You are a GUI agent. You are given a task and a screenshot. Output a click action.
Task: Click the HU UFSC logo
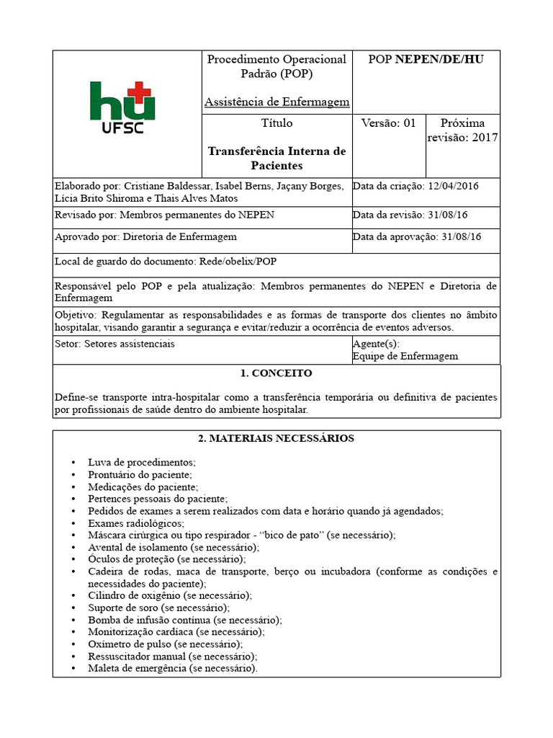click(x=122, y=109)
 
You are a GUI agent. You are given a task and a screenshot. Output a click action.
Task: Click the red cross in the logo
click(x=142, y=92)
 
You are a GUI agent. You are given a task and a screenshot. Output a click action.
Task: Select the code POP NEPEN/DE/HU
click(x=426, y=59)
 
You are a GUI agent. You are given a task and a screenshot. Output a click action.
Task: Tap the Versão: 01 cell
click(x=388, y=123)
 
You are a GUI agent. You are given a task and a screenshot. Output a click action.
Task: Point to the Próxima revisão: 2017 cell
click(x=462, y=130)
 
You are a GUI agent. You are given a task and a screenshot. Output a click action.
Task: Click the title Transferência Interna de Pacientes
click(x=276, y=159)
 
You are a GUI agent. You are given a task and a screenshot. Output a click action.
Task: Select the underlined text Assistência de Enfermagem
click(x=276, y=102)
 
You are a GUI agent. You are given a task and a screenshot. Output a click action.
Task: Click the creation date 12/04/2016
click(x=453, y=186)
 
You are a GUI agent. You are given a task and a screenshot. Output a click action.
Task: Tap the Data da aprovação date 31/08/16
click(x=461, y=236)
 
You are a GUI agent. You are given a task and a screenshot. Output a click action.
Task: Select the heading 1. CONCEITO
click(x=276, y=373)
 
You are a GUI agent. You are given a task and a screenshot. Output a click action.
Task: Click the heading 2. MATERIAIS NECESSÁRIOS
click(x=276, y=438)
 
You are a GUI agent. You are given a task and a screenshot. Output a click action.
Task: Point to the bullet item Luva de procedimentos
click(x=142, y=462)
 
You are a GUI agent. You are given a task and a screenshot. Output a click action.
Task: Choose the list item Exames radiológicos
click(x=136, y=523)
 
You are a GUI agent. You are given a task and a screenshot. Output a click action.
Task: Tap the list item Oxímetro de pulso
click(x=165, y=644)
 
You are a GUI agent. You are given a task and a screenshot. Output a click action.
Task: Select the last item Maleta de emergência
click(x=172, y=668)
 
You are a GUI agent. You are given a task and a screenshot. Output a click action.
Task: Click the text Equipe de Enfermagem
click(x=405, y=356)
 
